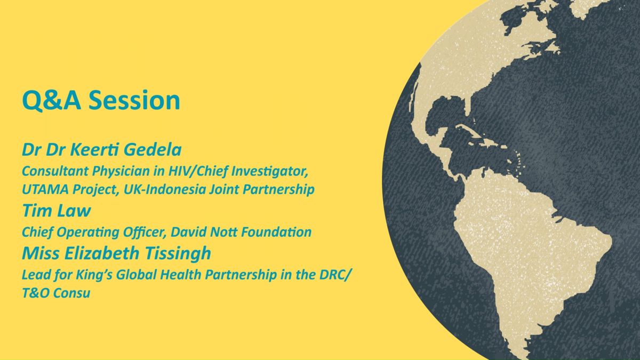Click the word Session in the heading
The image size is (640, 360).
134,100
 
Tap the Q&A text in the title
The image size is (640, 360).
51,101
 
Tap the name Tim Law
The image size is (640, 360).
57,211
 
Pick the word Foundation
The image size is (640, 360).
276,232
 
